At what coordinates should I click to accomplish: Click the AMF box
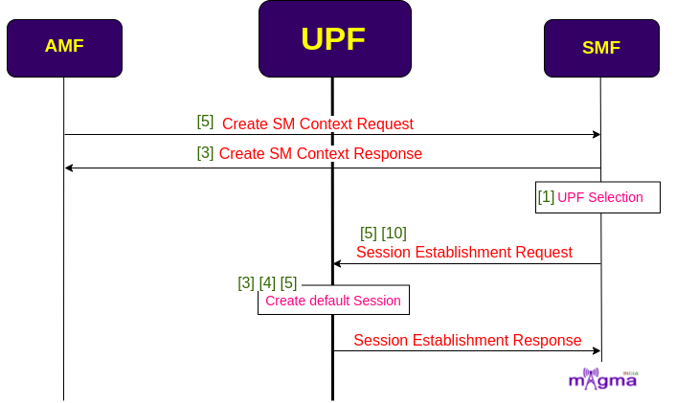(65, 48)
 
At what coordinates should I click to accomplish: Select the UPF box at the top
(335, 39)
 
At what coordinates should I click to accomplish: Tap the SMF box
(601, 48)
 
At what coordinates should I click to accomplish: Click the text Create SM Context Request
(318, 124)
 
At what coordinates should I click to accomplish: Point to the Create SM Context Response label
(321, 154)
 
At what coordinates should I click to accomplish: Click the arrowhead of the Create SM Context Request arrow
(597, 134)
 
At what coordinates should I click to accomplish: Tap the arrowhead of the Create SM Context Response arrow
(69, 168)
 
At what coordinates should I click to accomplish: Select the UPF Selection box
(597, 197)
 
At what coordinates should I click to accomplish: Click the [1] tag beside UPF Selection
(546, 197)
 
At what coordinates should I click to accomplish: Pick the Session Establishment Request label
(464, 252)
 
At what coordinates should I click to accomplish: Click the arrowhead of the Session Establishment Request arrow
(338, 263)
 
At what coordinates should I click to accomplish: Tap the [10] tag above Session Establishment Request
(394, 234)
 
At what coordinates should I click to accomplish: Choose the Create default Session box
(333, 300)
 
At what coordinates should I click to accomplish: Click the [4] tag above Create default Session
(267, 283)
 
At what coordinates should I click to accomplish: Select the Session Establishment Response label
(468, 341)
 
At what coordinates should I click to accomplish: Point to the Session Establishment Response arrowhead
(597, 351)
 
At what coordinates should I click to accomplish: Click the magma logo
(603, 379)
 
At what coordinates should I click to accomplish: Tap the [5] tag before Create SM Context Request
(205, 122)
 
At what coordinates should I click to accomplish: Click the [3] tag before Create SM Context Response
(205, 152)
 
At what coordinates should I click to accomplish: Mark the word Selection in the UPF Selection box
(616, 197)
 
